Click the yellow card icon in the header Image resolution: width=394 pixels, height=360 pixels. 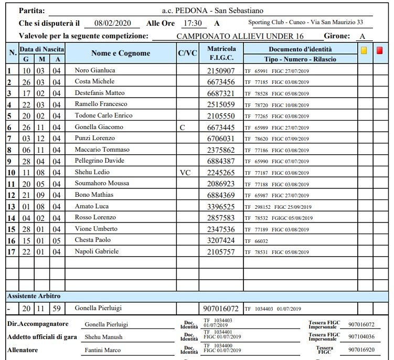(x=364, y=51)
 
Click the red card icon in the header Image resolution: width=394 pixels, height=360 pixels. (x=379, y=51)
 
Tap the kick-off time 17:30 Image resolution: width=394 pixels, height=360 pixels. (x=191, y=24)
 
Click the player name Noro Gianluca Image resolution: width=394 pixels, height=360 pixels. (x=95, y=70)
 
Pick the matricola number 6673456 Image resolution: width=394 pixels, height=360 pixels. (x=221, y=82)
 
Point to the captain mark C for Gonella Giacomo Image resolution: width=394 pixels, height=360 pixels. (x=182, y=127)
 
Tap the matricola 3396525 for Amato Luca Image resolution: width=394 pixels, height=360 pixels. (x=221, y=206)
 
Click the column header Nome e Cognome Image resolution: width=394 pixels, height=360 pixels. (x=121, y=53)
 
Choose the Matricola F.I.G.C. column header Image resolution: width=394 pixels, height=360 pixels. (x=221, y=53)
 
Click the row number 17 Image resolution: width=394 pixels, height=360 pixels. (x=10, y=251)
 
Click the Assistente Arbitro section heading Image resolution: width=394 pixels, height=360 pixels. (x=34, y=296)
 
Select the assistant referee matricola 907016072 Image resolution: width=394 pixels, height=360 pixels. (x=221, y=309)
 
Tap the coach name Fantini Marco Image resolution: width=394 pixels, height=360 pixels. (x=103, y=350)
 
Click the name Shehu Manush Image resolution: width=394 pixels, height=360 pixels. (x=103, y=337)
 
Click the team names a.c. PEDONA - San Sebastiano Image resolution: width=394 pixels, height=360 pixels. (x=212, y=10)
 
